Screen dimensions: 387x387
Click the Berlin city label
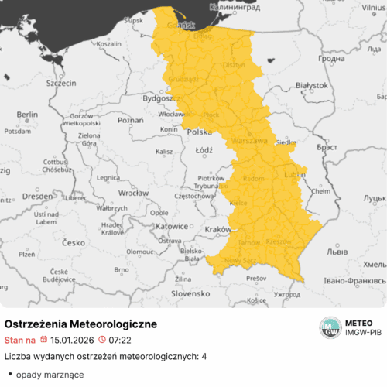click(27, 114)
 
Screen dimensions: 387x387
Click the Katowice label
click(172, 226)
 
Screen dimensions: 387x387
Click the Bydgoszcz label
click(160, 99)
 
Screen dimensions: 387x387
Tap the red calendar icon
click(43, 340)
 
